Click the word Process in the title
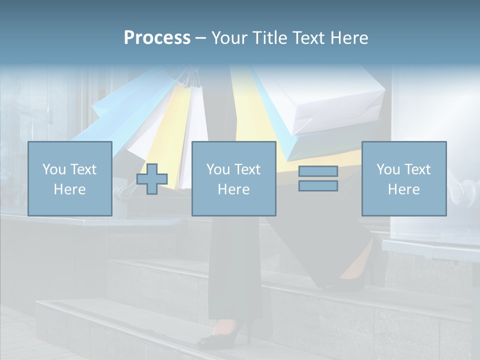[157, 38]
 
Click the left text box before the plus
[69, 178]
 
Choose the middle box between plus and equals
[233, 178]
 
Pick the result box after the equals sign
[403, 178]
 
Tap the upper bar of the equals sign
[318, 171]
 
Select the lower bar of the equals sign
[318, 185]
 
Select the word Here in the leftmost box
[69, 189]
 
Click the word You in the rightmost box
[388, 169]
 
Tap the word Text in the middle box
[247, 169]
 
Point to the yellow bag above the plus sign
[167, 130]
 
